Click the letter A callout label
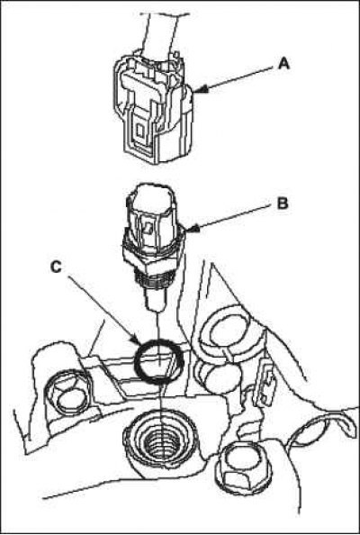(x=283, y=63)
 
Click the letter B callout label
(x=282, y=204)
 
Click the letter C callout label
(x=56, y=267)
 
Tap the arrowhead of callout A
(x=201, y=89)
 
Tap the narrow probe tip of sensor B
(x=157, y=298)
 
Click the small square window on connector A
(x=140, y=130)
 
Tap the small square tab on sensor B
(x=148, y=228)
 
